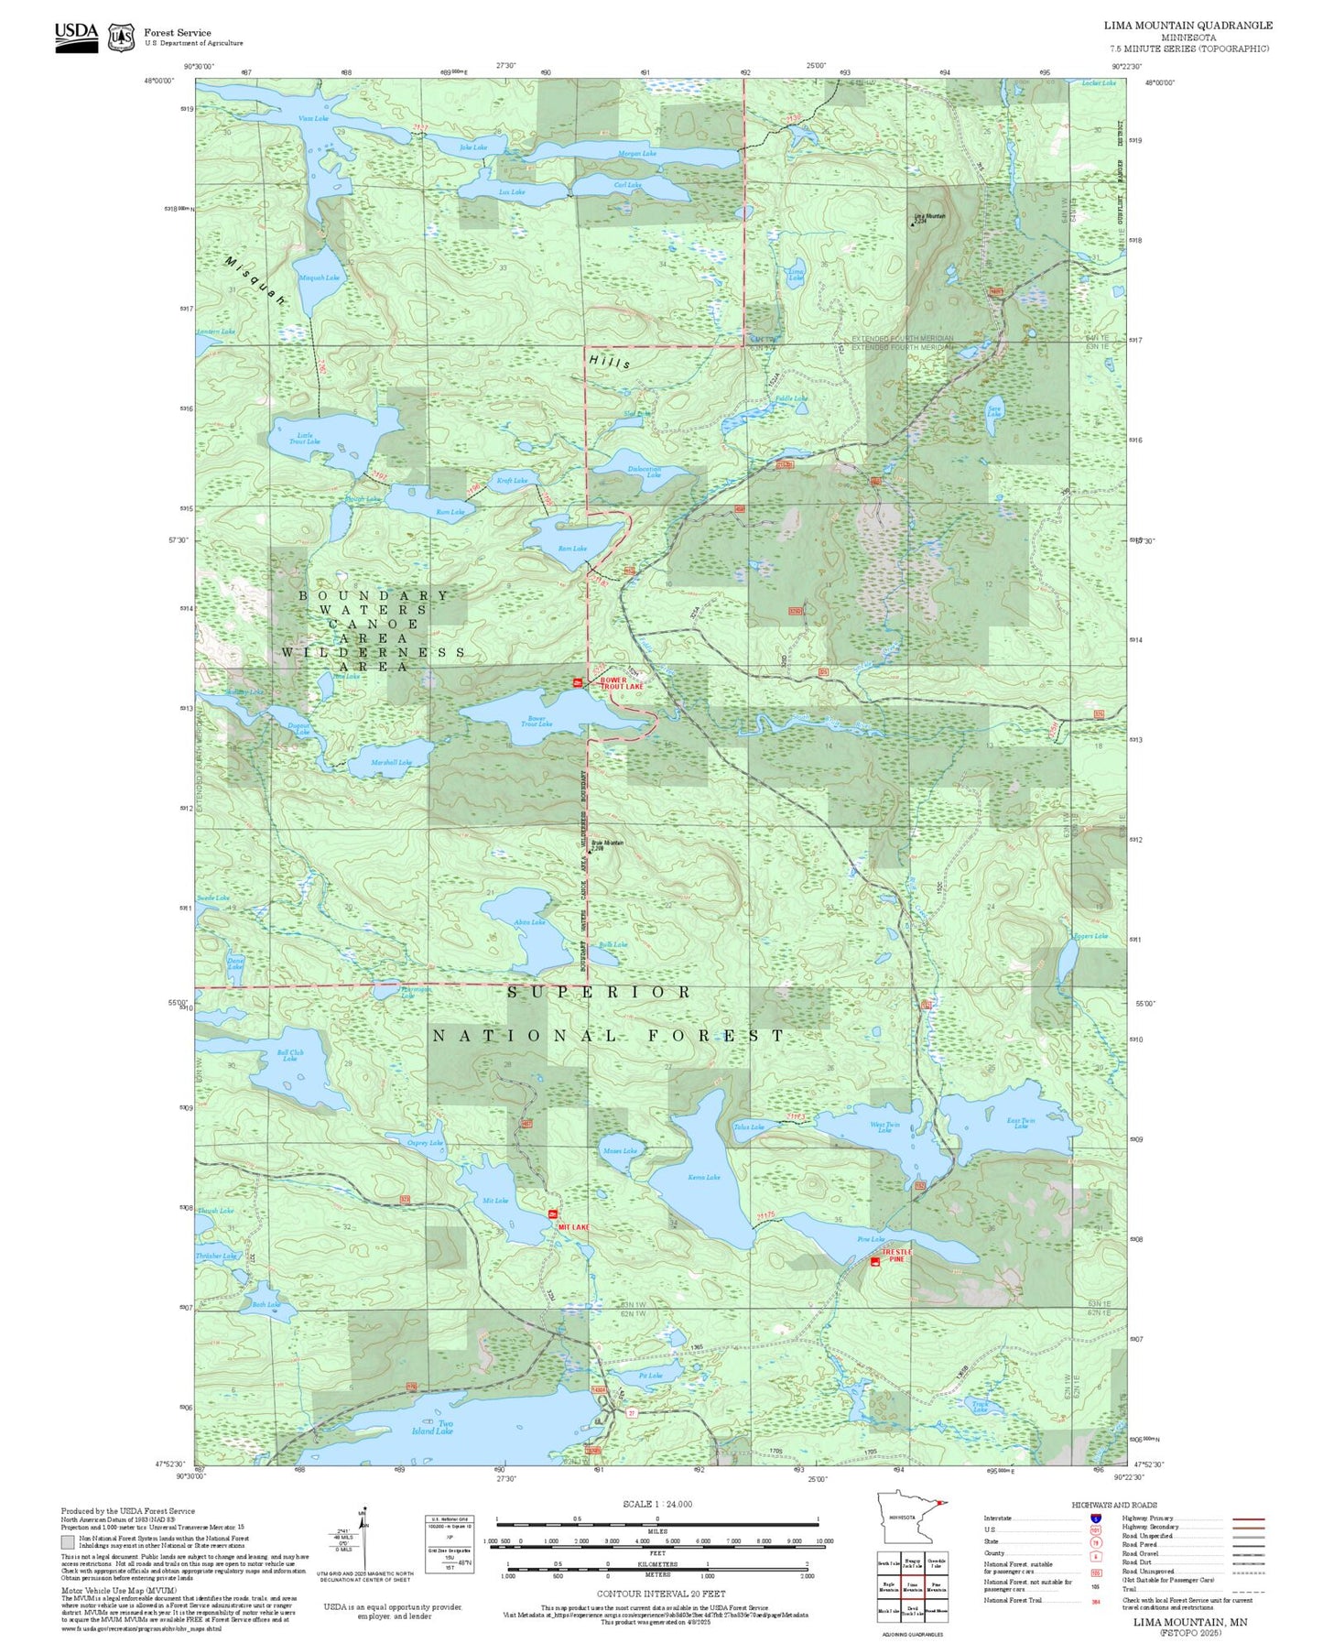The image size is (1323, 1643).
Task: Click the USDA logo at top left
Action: [76, 37]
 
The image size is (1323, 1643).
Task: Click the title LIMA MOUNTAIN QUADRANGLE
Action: [1187, 25]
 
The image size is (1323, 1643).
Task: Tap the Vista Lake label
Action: [313, 119]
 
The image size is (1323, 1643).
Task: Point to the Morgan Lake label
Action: [637, 153]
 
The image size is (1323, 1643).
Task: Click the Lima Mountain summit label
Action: [929, 218]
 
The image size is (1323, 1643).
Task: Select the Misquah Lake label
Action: [319, 277]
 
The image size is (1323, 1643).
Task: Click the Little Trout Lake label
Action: [305, 439]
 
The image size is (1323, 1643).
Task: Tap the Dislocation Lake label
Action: [645, 473]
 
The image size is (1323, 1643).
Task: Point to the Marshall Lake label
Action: [391, 762]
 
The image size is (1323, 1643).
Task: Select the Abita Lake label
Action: [529, 922]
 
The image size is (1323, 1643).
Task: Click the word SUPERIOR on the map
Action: [600, 992]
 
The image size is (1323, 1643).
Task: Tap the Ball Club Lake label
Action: [290, 1056]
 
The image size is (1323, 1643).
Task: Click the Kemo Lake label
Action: [703, 1177]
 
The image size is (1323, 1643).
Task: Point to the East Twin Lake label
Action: [1021, 1123]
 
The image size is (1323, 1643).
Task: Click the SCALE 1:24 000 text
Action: [656, 1504]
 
